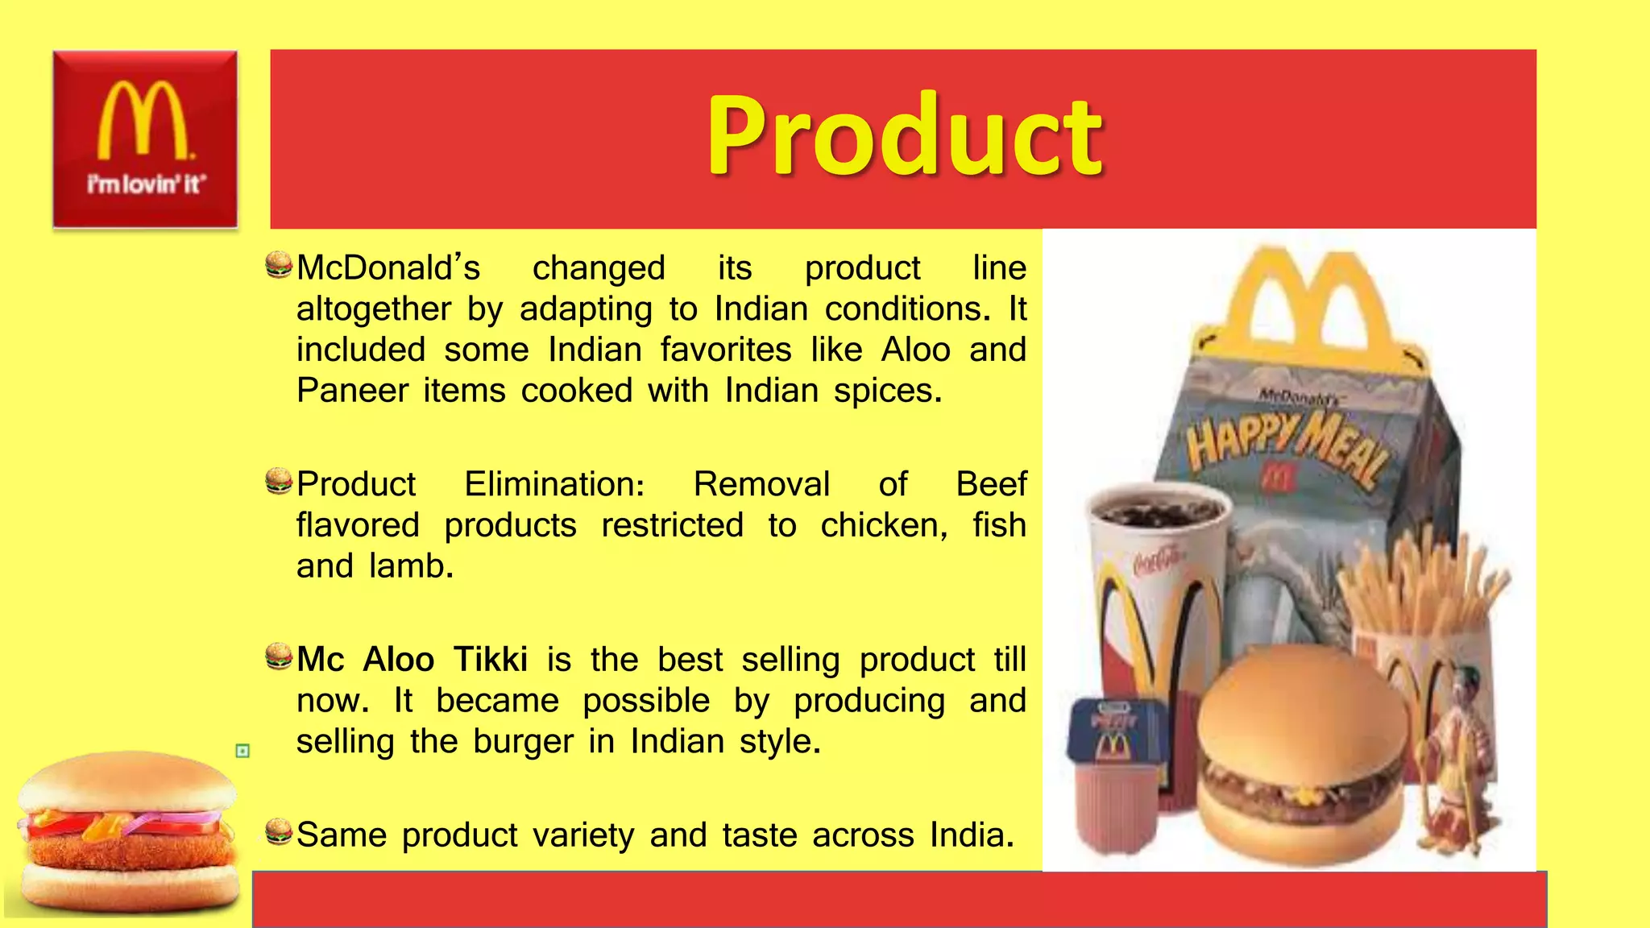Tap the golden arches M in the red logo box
tap(143, 120)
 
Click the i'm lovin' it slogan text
tap(146, 184)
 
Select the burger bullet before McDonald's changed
tap(279, 265)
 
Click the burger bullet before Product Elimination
tap(279, 481)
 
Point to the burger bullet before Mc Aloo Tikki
tap(279, 657)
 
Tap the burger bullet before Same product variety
tap(279, 832)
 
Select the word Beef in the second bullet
tap(990, 484)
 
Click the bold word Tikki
tap(490, 660)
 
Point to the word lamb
tap(411, 566)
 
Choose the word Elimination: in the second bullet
tap(554, 484)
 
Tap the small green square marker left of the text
tap(243, 751)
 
